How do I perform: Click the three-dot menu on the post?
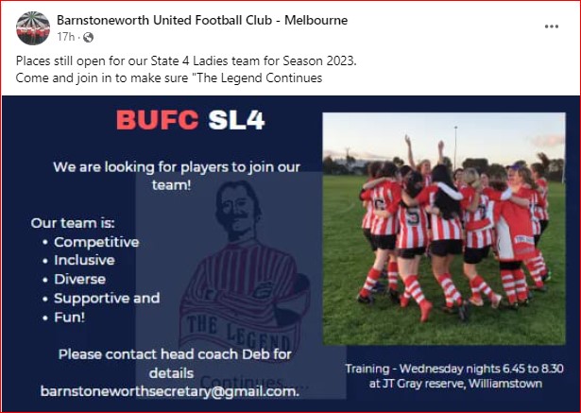coord(552,26)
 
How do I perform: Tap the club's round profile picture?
coord(33,28)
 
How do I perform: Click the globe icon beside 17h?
coord(88,37)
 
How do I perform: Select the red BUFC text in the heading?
coord(158,120)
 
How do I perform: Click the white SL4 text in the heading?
coord(236,120)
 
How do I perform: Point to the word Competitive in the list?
coord(96,242)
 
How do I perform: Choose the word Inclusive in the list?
coord(84,260)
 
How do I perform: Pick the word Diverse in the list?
coord(80,279)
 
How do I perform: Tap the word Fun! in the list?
coord(70,318)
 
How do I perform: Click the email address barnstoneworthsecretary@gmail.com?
coord(170,391)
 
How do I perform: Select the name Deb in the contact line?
coord(256,354)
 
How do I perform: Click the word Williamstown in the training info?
coord(505,384)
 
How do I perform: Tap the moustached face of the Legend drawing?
coord(237,211)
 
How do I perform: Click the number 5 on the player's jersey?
coord(413,216)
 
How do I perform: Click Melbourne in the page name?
coord(316,20)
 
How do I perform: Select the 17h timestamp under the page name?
coord(66,37)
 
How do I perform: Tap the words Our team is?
coord(73,223)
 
